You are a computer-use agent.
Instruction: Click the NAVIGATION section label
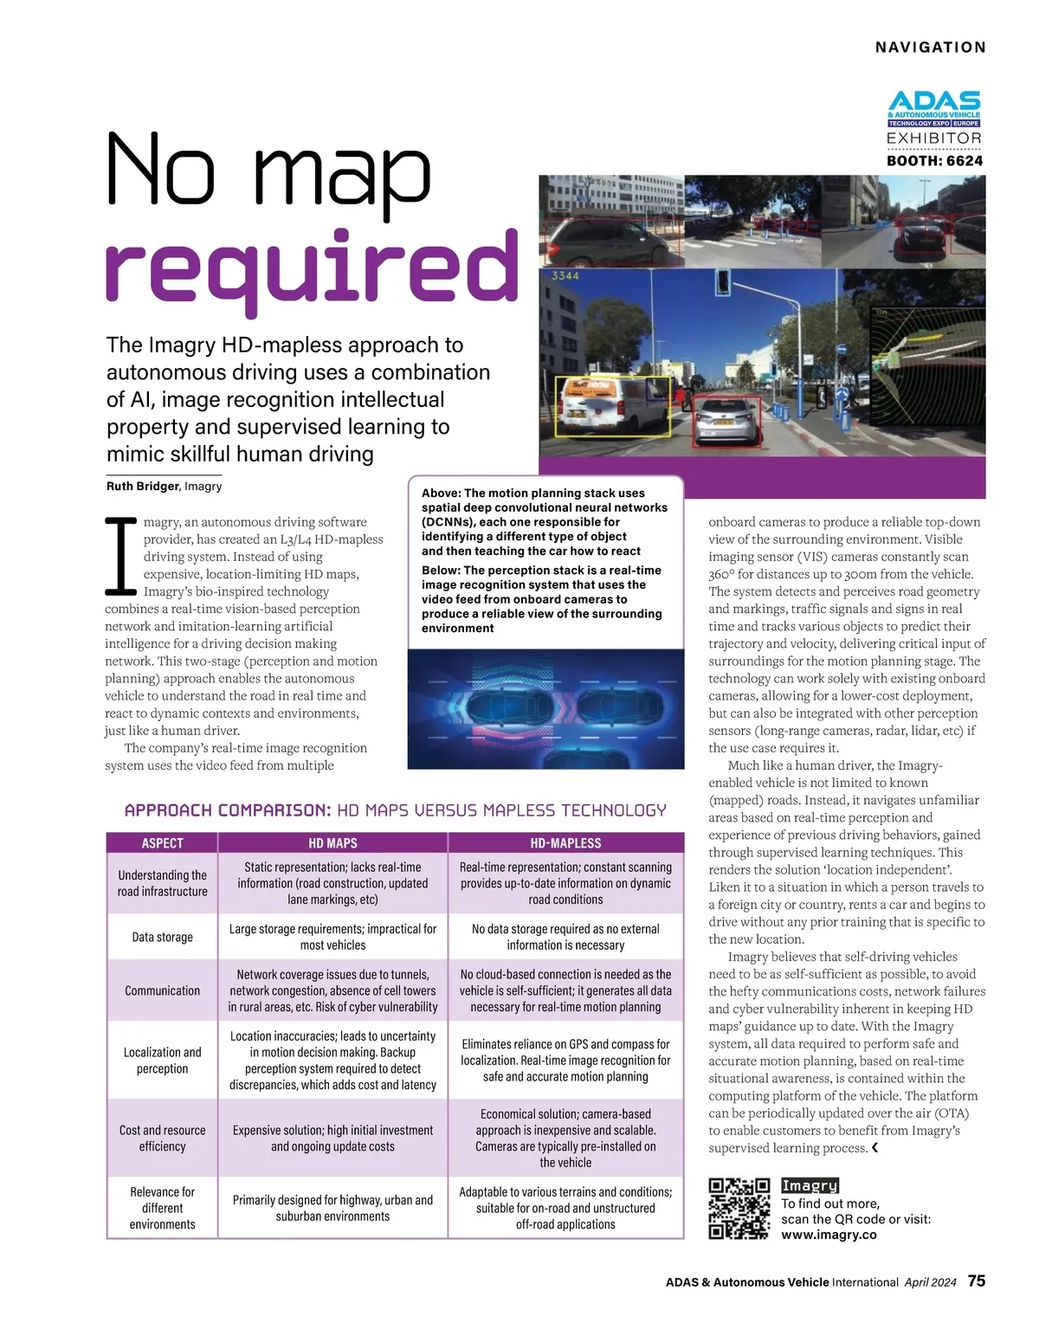[931, 48]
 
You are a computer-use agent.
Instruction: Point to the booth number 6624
[965, 161]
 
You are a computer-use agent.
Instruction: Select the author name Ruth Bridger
[143, 487]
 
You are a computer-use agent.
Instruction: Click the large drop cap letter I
[121, 557]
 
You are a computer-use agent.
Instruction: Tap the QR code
[739, 1209]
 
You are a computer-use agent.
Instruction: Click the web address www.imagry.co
[829, 1235]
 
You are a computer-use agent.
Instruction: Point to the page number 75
[977, 1281]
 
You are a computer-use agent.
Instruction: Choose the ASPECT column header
[162, 843]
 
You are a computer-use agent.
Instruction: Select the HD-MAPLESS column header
[565, 843]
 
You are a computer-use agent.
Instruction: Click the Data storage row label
[162, 937]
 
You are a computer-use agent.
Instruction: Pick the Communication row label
[162, 990]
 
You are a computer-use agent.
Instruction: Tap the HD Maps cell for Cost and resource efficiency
[332, 1139]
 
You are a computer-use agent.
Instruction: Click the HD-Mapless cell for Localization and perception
[565, 1061]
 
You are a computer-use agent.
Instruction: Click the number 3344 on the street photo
[565, 276]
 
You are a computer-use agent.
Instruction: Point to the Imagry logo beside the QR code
[810, 1186]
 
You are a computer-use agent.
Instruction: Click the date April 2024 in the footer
[930, 1282]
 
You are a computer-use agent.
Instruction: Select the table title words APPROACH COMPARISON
[228, 810]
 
